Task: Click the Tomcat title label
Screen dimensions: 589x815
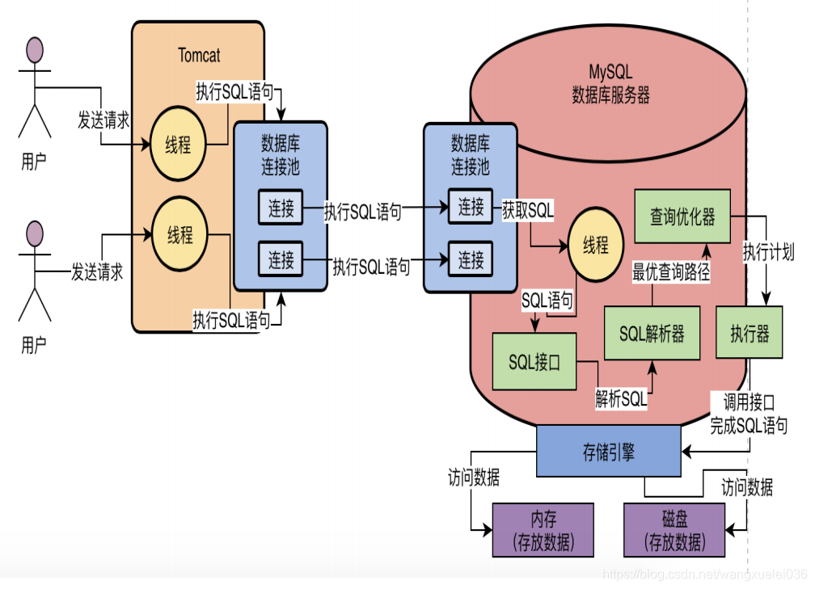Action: pos(199,56)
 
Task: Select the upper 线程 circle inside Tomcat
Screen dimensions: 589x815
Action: pos(179,145)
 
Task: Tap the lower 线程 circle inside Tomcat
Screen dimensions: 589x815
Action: pos(180,234)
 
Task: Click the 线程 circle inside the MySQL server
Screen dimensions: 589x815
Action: pos(596,246)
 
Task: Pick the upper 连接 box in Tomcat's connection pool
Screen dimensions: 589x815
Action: pos(281,209)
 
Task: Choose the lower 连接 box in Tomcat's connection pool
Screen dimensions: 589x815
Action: pos(281,260)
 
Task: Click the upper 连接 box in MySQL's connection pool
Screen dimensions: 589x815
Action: pos(471,207)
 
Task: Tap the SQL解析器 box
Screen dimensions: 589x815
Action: pos(652,334)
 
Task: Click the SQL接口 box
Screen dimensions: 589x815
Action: pos(534,362)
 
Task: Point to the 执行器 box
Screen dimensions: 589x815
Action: pos(750,334)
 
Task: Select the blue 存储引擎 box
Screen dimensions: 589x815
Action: pos(609,452)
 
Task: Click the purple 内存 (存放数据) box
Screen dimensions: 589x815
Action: pos(543,531)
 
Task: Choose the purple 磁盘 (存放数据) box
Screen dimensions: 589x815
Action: pos(674,531)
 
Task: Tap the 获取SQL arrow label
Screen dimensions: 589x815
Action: pos(528,210)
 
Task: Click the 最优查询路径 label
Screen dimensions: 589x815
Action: pos(671,272)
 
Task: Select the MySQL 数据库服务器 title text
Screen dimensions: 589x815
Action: pos(610,83)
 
